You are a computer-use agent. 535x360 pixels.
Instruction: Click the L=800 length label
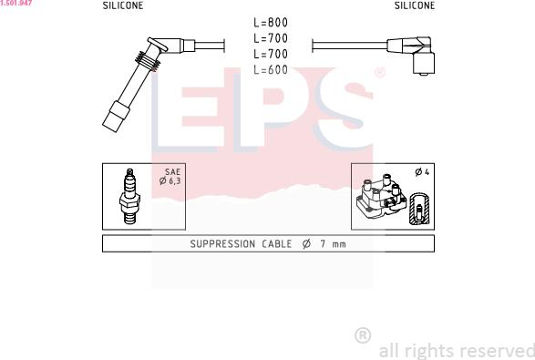pyautogui.click(x=271, y=23)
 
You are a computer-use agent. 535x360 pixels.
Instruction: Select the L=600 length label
pyautogui.click(x=271, y=69)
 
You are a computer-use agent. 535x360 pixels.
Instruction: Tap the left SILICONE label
pyautogui.click(x=123, y=5)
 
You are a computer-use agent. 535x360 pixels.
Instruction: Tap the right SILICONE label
pyautogui.click(x=415, y=5)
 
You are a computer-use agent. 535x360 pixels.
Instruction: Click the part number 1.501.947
pyautogui.click(x=16, y=3)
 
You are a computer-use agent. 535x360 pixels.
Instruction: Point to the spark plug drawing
pyautogui.click(x=129, y=196)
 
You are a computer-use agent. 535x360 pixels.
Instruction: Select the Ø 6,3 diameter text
pyautogui.click(x=170, y=180)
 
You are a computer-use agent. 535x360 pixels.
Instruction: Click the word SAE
pyautogui.click(x=172, y=171)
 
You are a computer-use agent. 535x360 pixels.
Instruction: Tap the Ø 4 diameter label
pyautogui.click(x=422, y=172)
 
